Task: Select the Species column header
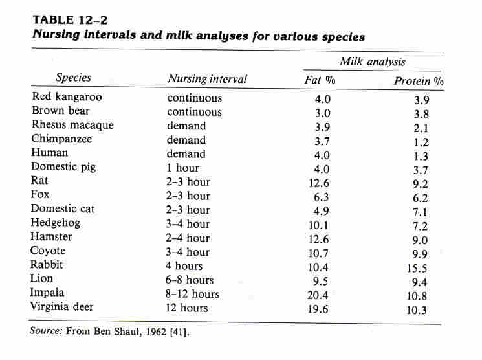pyautogui.click(x=74, y=78)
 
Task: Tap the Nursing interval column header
pyautogui.click(x=207, y=79)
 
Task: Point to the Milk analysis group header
pyautogui.click(x=373, y=62)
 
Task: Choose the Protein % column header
pyautogui.click(x=419, y=81)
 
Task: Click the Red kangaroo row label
pyautogui.click(x=67, y=97)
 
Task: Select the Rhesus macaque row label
pyautogui.click(x=72, y=125)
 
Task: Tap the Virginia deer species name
pyautogui.click(x=66, y=307)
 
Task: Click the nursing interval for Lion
pyautogui.click(x=190, y=280)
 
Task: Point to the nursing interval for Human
pyautogui.click(x=186, y=154)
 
